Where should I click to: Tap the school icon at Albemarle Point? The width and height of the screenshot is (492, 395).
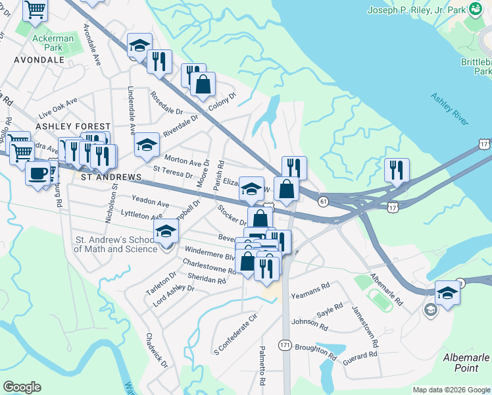tap(447, 293)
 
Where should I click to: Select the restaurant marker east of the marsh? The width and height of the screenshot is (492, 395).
tap(397, 170)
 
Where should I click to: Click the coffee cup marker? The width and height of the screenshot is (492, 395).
tap(38, 174)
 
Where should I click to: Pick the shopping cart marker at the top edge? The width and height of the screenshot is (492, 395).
tap(35, 9)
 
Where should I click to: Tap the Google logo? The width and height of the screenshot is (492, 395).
tap(22, 387)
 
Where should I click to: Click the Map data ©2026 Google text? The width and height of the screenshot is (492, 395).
tap(451, 390)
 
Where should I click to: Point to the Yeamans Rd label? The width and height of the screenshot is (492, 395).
tap(310, 289)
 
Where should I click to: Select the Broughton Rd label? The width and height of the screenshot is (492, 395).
tap(316, 351)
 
